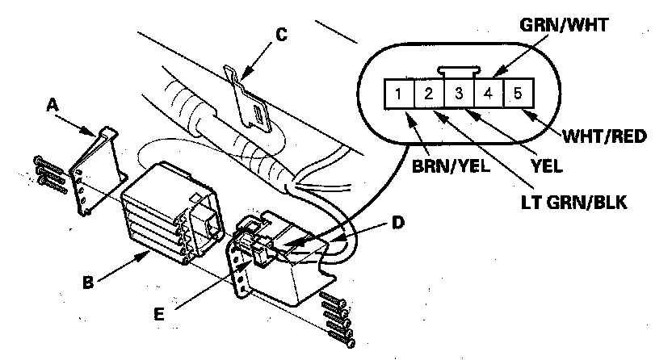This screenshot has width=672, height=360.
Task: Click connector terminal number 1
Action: [399, 94]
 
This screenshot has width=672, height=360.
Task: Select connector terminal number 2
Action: [428, 94]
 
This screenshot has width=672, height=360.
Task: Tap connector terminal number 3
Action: [458, 94]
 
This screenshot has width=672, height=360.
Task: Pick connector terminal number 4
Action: [488, 94]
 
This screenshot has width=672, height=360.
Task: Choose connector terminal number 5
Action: [518, 94]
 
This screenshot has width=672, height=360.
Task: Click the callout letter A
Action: [52, 104]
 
